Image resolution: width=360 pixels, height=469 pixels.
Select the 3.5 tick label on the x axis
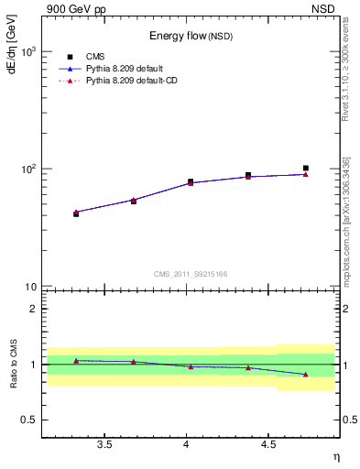[104, 445]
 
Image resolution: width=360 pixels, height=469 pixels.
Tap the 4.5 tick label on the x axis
[268, 445]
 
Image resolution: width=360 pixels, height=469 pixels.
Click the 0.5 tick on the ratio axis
[28, 420]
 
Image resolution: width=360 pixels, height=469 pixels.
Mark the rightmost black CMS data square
[306, 169]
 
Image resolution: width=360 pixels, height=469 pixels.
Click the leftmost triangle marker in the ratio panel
[76, 361]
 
